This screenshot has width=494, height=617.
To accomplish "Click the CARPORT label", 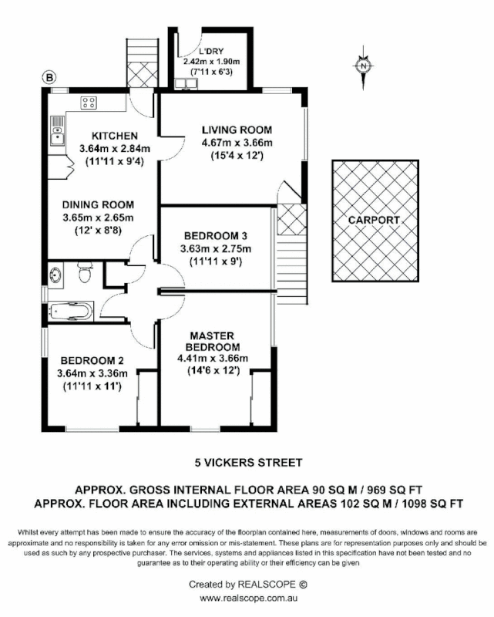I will coord(375,220).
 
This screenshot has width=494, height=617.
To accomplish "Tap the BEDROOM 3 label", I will coord(215,235).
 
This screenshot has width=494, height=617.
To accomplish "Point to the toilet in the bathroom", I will coord(86,272).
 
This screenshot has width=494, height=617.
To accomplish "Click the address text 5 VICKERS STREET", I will coord(247,463).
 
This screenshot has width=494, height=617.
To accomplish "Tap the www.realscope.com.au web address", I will coord(247,598).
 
